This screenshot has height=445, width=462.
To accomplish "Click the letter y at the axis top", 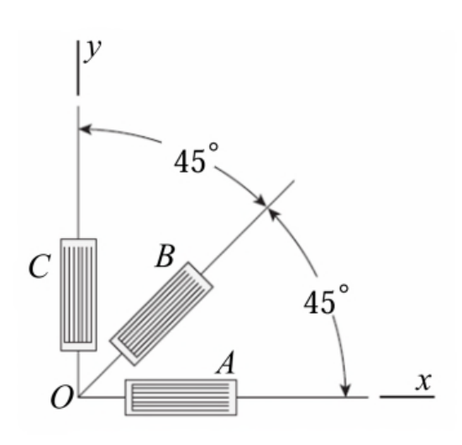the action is (x=92, y=50).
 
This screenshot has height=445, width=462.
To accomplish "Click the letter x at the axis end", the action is (x=423, y=381).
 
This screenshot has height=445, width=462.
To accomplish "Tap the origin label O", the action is (x=61, y=397).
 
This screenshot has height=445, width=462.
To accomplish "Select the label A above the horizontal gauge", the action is (x=226, y=363).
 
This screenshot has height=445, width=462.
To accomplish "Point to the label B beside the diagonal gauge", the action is (x=165, y=256).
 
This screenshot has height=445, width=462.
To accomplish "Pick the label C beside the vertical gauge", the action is (x=39, y=266).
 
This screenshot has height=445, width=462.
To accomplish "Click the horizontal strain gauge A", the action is (x=181, y=397).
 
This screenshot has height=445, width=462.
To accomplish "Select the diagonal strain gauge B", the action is (x=161, y=314).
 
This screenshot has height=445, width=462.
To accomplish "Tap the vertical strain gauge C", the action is (x=78, y=294).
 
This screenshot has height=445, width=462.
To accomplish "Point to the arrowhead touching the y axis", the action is (x=86, y=130).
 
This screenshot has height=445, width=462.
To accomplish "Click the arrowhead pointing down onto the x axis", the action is (x=346, y=390).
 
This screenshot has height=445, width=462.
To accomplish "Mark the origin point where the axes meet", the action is (x=78, y=397).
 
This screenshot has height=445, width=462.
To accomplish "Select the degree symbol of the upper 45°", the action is (x=213, y=147).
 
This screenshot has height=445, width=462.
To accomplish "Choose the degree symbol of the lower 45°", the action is (x=344, y=289).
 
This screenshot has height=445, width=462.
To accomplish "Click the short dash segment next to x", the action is (x=407, y=397).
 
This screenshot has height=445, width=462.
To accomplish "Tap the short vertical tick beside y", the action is (x=78, y=68).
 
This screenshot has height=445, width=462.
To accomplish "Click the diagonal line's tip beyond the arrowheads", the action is (x=294, y=180).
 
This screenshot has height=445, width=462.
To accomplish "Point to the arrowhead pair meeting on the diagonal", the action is (x=267, y=207).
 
